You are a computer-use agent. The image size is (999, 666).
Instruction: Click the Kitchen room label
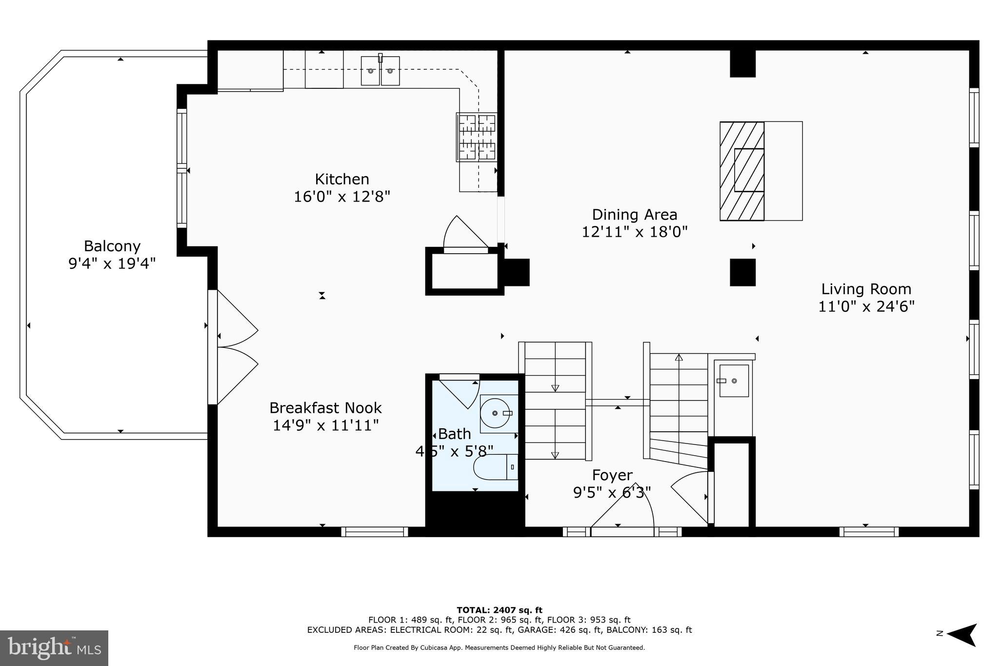341,179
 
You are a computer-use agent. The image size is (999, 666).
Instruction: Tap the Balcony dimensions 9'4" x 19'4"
112,264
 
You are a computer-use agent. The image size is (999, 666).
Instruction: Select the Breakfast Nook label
325,408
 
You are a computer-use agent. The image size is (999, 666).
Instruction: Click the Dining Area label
634,215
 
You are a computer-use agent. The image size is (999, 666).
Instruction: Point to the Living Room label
866,289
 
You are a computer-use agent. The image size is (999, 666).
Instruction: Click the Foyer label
612,475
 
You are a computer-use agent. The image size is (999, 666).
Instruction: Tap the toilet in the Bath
495,467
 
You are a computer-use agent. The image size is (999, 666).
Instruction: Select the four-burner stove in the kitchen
477,137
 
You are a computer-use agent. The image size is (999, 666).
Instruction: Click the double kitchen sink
380,71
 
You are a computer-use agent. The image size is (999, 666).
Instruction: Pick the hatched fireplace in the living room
742,171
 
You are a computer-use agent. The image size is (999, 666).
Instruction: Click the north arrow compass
959,634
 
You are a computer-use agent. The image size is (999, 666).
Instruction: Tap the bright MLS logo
54,648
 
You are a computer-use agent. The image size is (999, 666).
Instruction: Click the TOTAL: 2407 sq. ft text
499,610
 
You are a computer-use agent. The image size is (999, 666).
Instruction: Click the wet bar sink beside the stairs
734,381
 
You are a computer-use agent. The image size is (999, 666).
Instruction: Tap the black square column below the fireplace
742,272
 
